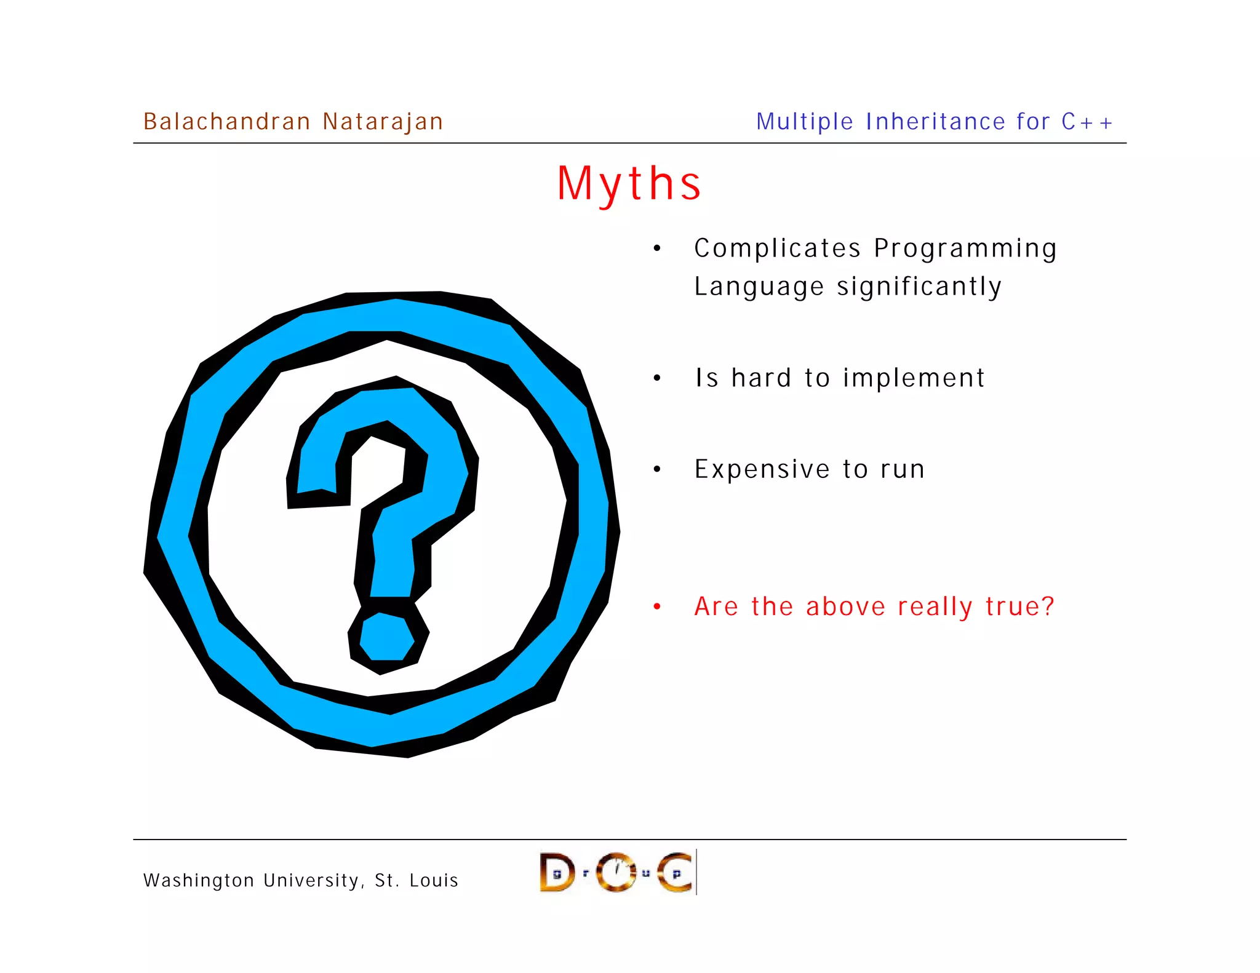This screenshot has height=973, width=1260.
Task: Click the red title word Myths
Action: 629,184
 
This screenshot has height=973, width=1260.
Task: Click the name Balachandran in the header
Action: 226,122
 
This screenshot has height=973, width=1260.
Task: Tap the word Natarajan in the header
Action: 382,122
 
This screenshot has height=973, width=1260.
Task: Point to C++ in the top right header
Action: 1087,122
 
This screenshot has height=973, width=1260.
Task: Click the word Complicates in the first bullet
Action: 777,248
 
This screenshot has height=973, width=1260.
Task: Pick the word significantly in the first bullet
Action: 919,287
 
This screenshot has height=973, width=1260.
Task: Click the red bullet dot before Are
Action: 657,607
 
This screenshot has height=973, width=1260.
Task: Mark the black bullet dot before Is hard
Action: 657,378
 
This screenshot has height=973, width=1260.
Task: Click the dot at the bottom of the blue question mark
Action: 386,637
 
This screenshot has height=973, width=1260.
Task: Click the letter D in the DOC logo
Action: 557,872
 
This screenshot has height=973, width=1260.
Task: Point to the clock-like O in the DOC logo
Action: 616,872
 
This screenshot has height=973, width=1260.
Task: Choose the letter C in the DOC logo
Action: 675,872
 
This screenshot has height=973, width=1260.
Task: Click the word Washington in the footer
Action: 199,881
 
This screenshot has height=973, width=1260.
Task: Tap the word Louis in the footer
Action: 434,881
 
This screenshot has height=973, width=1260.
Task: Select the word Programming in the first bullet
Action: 965,248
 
